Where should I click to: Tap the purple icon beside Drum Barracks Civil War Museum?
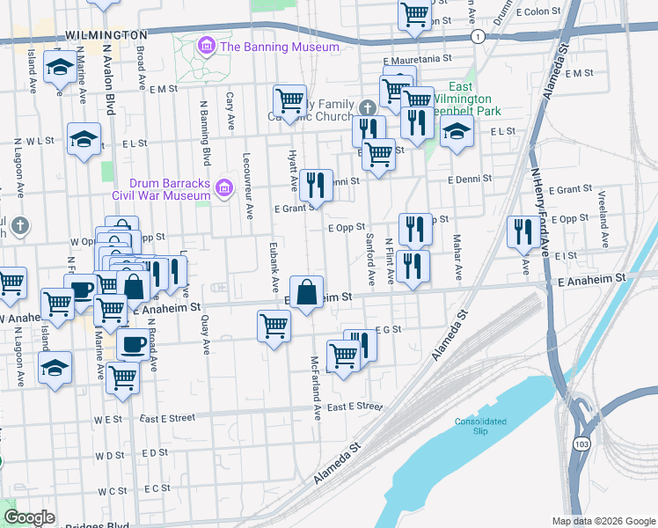pyautogui.click(x=224, y=187)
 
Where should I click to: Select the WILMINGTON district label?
pyautogui.click(x=106, y=34)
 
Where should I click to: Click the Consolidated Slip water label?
pyautogui.click(x=480, y=426)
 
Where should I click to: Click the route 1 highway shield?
pyautogui.click(x=477, y=37)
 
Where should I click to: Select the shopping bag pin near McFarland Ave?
pyautogui.click(x=305, y=292)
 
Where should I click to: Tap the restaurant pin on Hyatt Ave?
pyautogui.click(x=314, y=185)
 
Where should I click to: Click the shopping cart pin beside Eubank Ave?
pyautogui.click(x=274, y=326)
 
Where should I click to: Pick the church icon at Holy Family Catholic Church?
pyautogui.click(x=367, y=107)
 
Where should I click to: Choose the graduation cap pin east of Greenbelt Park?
pyautogui.click(x=456, y=132)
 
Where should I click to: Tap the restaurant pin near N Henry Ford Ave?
pyautogui.click(x=523, y=231)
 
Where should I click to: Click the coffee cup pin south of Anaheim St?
pyautogui.click(x=133, y=343)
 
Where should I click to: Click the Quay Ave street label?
pyautogui.click(x=205, y=334)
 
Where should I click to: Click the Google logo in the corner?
pyautogui.click(x=29, y=517)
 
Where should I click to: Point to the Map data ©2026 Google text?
pyautogui.click(x=603, y=521)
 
